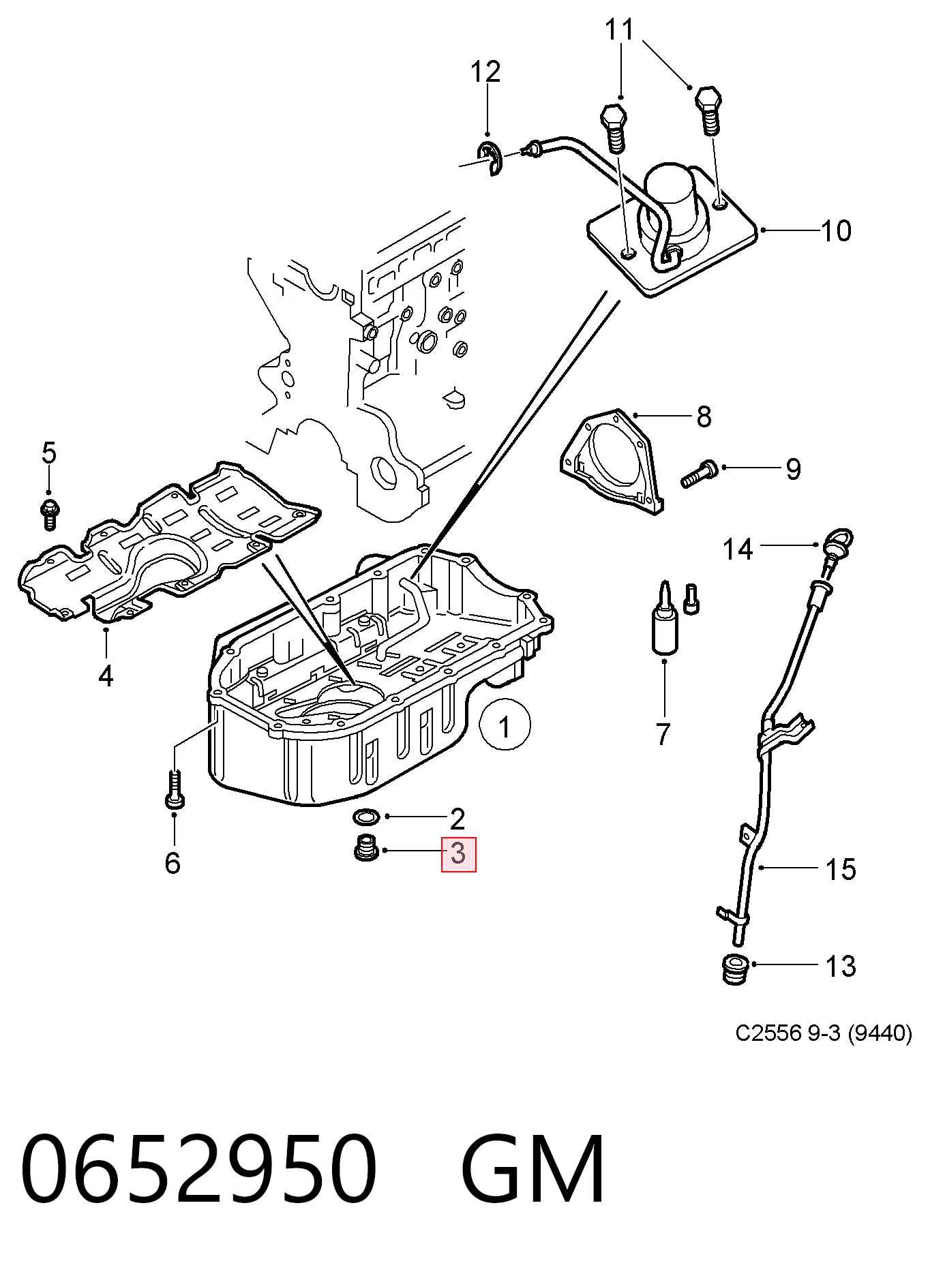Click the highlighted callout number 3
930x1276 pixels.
(x=459, y=854)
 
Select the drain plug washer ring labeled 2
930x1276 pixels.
(x=367, y=816)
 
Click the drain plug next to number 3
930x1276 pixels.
(x=366, y=847)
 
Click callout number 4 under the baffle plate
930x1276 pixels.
(x=106, y=676)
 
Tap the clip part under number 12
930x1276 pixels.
(x=490, y=159)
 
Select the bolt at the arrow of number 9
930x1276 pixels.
(x=699, y=474)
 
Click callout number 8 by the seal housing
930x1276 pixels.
(x=704, y=416)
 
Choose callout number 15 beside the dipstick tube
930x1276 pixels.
(x=841, y=869)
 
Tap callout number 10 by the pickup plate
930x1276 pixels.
(x=836, y=231)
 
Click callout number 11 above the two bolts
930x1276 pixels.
(x=620, y=30)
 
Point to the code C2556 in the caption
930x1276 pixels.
(x=768, y=1033)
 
